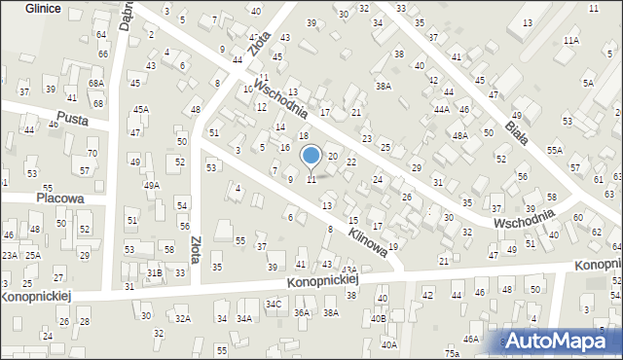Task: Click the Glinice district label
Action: coord(32,8)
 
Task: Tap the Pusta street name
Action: coord(73,120)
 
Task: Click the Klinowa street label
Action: coord(370,244)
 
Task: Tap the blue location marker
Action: coord(311,156)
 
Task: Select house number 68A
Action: coord(95,84)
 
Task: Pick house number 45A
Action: coord(141,110)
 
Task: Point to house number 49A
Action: coord(151,185)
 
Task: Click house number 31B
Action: coord(154,273)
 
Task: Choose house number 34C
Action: coord(275,305)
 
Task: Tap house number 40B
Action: coord(379,318)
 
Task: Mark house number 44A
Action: coord(441,110)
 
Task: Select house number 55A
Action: coord(555,150)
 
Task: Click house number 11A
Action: coord(570,40)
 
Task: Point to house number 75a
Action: coord(452,352)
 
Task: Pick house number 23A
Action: coord(9,255)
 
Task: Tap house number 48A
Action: coord(460,137)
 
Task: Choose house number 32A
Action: coord(183,318)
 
